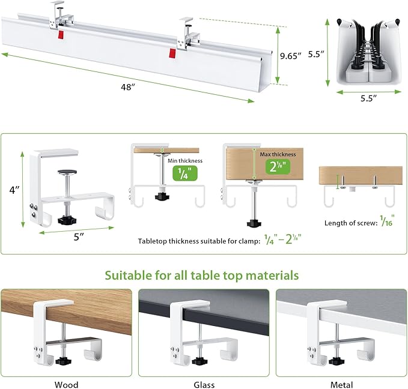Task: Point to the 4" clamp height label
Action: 16,189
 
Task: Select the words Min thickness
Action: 186,160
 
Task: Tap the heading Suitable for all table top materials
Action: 202,275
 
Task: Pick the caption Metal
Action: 341,384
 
